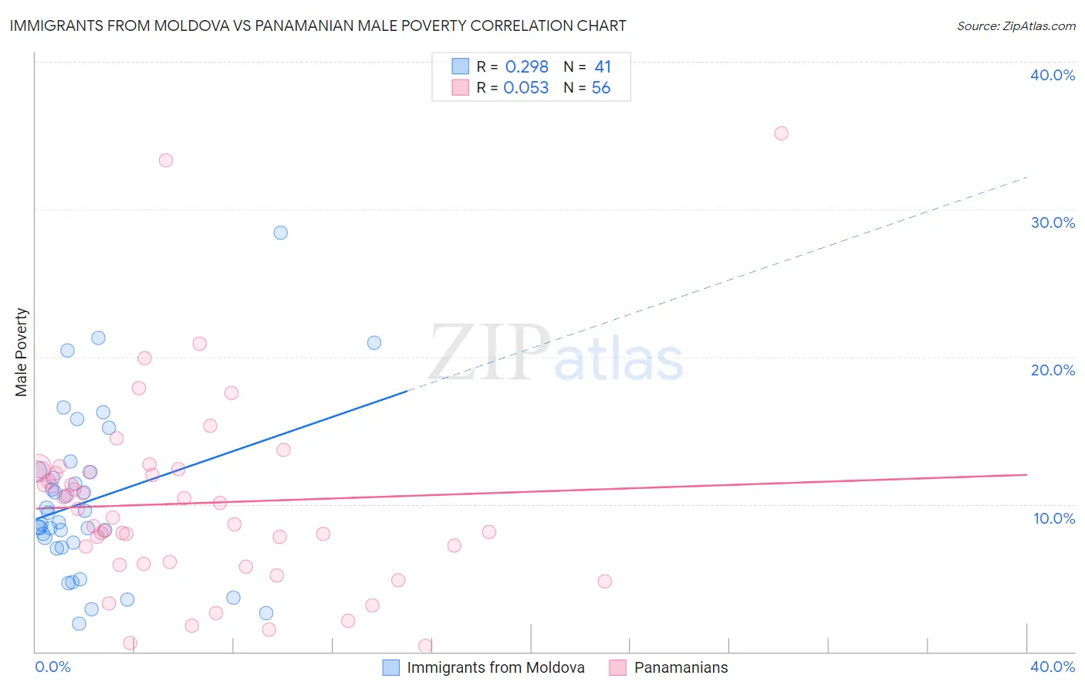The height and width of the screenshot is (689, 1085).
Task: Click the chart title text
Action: (x=317, y=25)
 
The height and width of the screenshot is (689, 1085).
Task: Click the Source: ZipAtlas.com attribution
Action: (x=1016, y=25)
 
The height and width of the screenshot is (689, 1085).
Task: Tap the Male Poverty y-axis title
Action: (x=22, y=352)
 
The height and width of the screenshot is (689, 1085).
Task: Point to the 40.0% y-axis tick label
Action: (x=1052, y=75)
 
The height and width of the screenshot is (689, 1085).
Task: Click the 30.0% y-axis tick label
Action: (x=1052, y=222)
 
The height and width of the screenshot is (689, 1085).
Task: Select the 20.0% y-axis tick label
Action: (x=1052, y=370)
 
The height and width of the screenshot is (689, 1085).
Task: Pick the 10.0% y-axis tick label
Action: (x=1053, y=518)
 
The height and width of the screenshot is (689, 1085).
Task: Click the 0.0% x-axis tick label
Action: (x=52, y=667)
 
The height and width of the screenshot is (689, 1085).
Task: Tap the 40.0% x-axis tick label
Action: (x=1052, y=667)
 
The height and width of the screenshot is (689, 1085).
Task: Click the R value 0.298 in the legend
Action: (x=526, y=67)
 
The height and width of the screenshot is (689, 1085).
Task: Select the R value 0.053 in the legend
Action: (x=526, y=88)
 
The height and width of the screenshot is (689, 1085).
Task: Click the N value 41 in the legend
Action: (x=603, y=67)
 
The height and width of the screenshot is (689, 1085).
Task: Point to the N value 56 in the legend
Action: (x=600, y=88)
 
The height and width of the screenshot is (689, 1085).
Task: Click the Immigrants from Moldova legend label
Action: (x=495, y=667)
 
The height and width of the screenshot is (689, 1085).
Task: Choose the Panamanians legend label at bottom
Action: (x=681, y=667)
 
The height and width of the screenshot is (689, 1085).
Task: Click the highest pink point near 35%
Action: (x=781, y=133)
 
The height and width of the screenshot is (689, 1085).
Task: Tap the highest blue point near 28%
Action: (x=281, y=232)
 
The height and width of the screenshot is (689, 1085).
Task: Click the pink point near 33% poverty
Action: (x=166, y=161)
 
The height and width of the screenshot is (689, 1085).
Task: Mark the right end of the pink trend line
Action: (x=1026, y=475)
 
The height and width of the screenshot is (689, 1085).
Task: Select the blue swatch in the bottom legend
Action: (x=391, y=667)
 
